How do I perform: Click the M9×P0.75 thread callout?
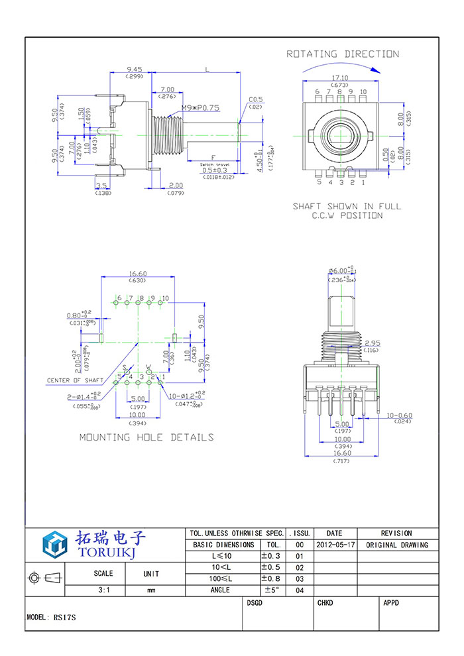(200, 107)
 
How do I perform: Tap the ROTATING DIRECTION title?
(343, 54)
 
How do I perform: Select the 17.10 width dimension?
(341, 78)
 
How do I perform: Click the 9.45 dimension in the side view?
(135, 69)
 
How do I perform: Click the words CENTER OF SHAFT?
(75, 380)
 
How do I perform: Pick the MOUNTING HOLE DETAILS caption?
(146, 437)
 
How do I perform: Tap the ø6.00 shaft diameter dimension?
(342, 271)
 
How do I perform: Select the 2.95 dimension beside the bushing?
(371, 343)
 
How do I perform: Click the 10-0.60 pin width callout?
(399, 415)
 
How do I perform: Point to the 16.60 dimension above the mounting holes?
(137, 273)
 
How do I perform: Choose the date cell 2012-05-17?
(335, 545)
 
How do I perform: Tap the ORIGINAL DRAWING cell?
(396, 545)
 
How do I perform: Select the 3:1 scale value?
(104, 590)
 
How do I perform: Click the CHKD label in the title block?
(325, 603)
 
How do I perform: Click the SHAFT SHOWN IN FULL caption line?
(347, 206)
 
